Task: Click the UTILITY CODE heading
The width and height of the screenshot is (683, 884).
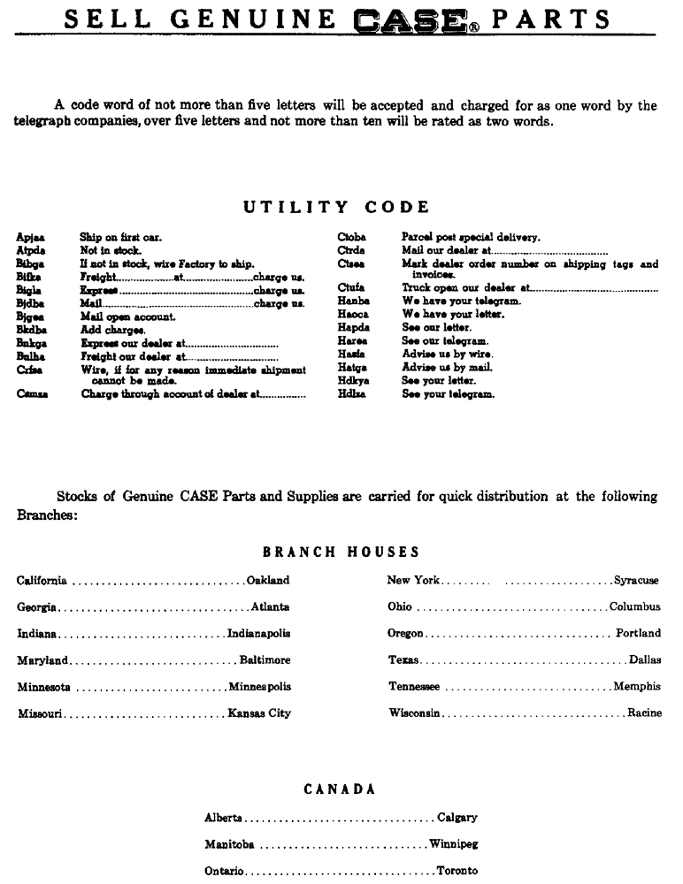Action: click(337, 207)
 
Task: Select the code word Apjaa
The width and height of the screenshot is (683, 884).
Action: click(28, 238)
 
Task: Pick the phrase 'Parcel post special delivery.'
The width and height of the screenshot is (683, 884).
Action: click(471, 237)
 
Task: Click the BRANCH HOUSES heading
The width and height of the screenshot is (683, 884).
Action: click(341, 552)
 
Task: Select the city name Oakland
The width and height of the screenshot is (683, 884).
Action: click(268, 581)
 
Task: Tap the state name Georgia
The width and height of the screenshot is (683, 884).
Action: click(37, 607)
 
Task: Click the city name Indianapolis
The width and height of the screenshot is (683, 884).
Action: click(259, 634)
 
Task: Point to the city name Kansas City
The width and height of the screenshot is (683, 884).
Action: click(259, 713)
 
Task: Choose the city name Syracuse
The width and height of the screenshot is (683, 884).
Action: click(636, 581)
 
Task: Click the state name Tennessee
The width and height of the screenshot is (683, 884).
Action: click(414, 687)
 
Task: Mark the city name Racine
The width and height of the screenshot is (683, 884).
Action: click(644, 713)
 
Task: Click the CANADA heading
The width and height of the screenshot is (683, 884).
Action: click(341, 789)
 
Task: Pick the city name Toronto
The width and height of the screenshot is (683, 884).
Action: click(457, 871)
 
